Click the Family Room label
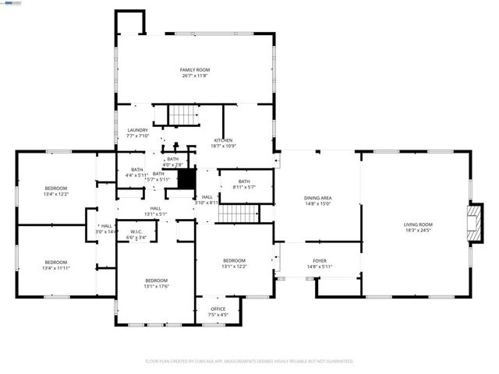[x=195, y=72]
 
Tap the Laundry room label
[x=137, y=133]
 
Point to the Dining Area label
[x=317, y=200]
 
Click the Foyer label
[x=320, y=264]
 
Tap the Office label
[x=218, y=312]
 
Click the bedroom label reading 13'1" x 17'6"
[x=156, y=283]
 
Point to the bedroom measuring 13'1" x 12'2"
[x=234, y=263]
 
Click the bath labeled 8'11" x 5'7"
[x=244, y=184]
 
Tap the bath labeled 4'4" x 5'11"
[x=136, y=172]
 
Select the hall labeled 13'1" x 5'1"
[x=155, y=211]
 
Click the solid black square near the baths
[x=186, y=178]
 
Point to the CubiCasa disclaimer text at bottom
[x=249, y=362]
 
